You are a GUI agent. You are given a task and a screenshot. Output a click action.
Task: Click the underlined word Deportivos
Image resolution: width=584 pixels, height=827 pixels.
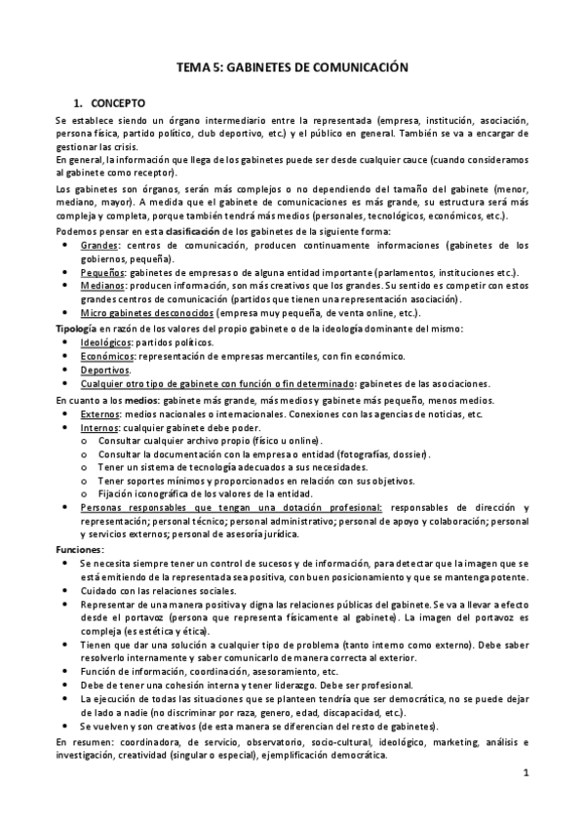point(104,371)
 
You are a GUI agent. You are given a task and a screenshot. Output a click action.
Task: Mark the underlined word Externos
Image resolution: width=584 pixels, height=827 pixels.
point(100,413)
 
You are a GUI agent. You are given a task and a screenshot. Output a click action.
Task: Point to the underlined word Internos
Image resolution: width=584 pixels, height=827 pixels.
point(99,427)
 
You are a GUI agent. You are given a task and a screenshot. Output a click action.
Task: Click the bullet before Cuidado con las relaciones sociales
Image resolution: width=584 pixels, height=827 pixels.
point(64,592)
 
